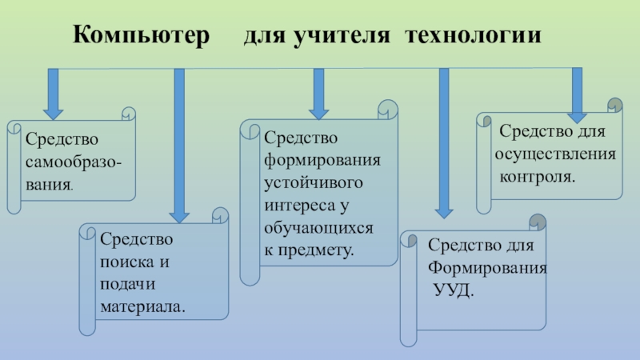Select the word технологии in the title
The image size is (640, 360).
tap(473, 36)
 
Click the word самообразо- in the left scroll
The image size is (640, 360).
tap(74, 163)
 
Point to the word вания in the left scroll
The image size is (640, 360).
tap(50, 185)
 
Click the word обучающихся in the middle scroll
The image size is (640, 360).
tap(318, 228)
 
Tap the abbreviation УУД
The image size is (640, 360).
tap(453, 288)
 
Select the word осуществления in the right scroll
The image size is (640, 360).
tap(554, 153)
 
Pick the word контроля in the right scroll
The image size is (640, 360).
tap(538, 174)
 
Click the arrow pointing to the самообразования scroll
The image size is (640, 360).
tap(54, 94)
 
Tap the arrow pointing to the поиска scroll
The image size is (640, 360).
tap(179, 144)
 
